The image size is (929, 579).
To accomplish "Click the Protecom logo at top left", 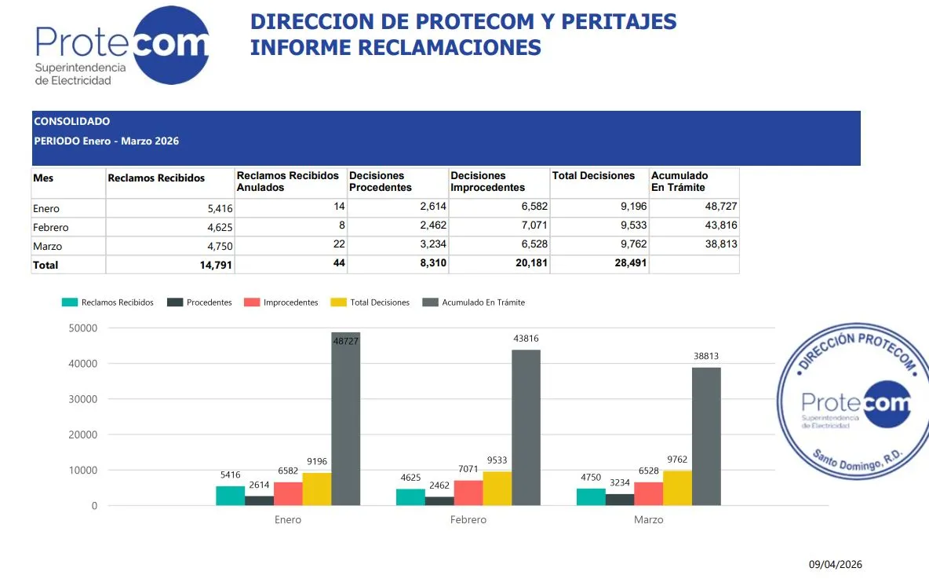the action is [x=122, y=46].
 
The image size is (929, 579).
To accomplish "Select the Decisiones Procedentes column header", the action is [x=381, y=181].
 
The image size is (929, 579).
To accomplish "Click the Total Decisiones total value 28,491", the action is [x=630, y=263].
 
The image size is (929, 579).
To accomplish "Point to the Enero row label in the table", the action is [x=46, y=208].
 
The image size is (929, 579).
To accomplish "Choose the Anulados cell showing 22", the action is [x=339, y=244].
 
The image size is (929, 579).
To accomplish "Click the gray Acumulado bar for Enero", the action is [x=346, y=419].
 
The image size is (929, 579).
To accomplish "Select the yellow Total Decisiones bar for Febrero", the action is [x=497, y=488].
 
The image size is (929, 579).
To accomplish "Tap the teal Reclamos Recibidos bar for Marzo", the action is [x=591, y=497].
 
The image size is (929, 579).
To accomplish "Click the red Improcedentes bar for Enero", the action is [x=288, y=493].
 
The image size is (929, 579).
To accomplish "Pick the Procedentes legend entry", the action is [x=199, y=302].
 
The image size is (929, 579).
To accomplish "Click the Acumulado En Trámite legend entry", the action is [x=473, y=302].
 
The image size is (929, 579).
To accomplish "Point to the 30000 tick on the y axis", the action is [x=83, y=399].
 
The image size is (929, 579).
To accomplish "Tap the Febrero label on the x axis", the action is [x=468, y=519].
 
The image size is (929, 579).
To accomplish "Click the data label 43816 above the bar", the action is [x=526, y=339].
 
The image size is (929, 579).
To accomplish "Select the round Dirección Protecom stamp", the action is [x=853, y=401].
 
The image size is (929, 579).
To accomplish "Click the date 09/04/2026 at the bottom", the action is [x=836, y=564].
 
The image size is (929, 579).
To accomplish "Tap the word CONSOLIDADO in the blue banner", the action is [x=71, y=122].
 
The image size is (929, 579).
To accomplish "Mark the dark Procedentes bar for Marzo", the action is [x=620, y=500].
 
